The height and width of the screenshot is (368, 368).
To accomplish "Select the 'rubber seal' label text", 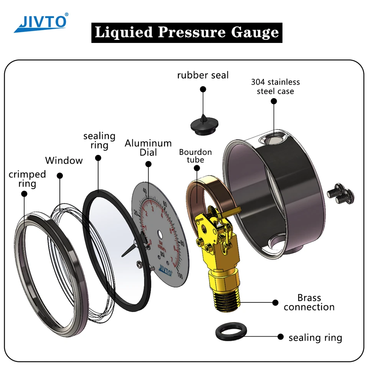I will point(203,75).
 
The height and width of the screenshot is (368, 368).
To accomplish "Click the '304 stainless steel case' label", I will point(275,87).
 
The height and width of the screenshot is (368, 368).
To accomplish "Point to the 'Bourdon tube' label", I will point(195,156).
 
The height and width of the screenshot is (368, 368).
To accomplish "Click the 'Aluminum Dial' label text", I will point(148,148).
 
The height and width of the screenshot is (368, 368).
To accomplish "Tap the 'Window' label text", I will point(64,160).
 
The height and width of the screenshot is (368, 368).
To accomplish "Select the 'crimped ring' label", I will point(27,179).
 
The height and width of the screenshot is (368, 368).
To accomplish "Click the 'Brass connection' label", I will point(309,302).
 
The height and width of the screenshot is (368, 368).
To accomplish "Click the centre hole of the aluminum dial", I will point(160,234).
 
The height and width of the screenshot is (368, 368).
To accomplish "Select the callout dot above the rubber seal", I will point(203,89).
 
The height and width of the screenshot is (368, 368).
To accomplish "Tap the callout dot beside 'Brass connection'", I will point(275,302).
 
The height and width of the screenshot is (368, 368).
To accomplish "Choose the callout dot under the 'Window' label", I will point(59,175).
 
